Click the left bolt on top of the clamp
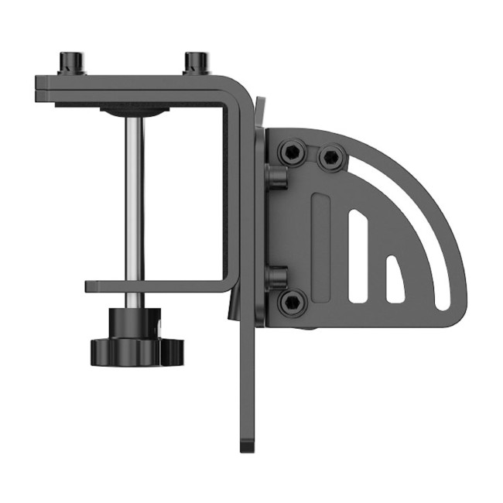(70, 62)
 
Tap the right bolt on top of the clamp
(197, 62)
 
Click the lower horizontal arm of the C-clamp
(155, 286)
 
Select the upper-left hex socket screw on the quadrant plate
(292, 152)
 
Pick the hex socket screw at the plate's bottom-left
(292, 303)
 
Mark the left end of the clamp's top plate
(39, 87)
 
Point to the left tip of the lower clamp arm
(88, 286)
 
